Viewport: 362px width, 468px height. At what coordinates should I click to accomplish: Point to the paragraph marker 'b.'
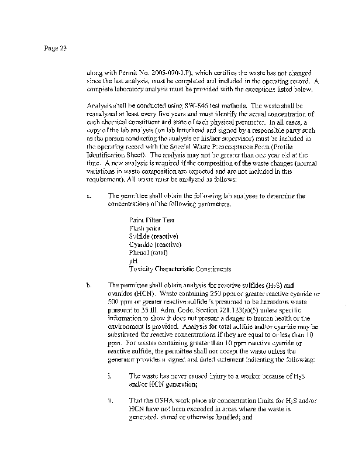pos(88,285)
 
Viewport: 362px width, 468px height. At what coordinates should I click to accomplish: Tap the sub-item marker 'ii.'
pos(111,401)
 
